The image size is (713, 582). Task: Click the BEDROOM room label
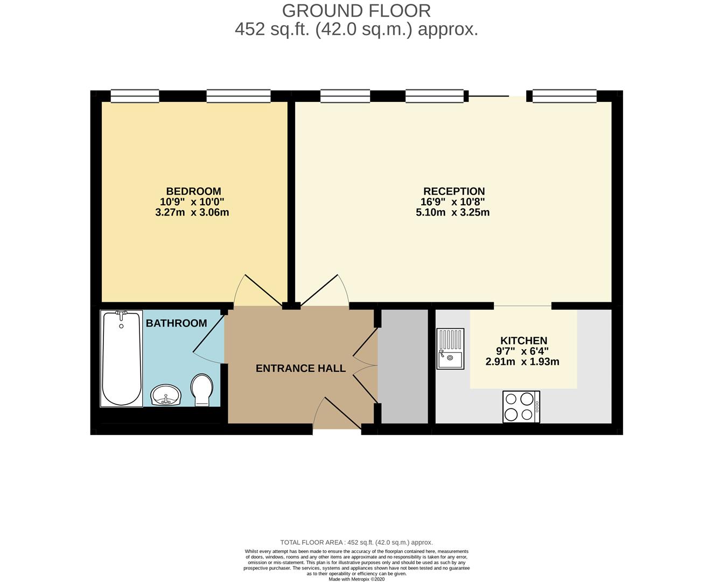pyautogui.click(x=193, y=191)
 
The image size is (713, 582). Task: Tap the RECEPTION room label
pyautogui.click(x=454, y=191)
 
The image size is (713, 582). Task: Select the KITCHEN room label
pyautogui.click(x=523, y=341)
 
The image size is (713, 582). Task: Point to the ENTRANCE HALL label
pyautogui.click(x=300, y=368)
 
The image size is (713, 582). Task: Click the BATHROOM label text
pyautogui.click(x=176, y=323)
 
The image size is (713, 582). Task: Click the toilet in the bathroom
pyautogui.click(x=202, y=390)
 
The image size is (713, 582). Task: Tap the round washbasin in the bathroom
pyautogui.click(x=166, y=395)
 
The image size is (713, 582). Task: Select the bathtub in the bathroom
pyautogui.click(x=121, y=358)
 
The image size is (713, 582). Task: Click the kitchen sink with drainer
pyautogui.click(x=450, y=349)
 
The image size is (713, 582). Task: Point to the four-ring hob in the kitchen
pyautogui.click(x=521, y=407)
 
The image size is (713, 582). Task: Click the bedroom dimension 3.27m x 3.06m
pyautogui.click(x=192, y=212)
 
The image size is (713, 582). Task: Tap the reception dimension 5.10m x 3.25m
pyautogui.click(x=453, y=212)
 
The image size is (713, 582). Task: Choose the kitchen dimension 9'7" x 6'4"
pyautogui.click(x=522, y=351)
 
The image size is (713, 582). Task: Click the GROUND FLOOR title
pyautogui.click(x=356, y=11)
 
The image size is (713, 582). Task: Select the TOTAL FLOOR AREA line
pyautogui.click(x=356, y=543)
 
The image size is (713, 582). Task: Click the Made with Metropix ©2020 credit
pyautogui.click(x=356, y=579)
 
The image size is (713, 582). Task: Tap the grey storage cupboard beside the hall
pyautogui.click(x=403, y=366)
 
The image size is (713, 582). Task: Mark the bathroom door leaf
pyautogui.click(x=209, y=334)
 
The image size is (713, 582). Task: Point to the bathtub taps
pyautogui.click(x=121, y=314)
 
